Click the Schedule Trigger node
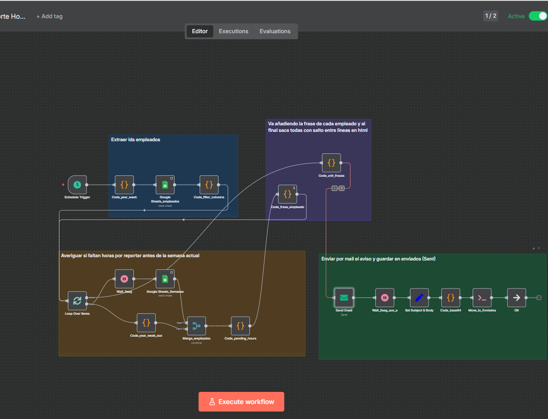click(x=77, y=185)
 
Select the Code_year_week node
click(x=124, y=185)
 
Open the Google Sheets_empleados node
click(x=165, y=185)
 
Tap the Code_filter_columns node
click(x=209, y=185)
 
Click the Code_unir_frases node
click(x=331, y=163)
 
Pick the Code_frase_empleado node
click(x=287, y=194)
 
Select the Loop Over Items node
click(x=77, y=301)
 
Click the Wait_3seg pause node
click(x=124, y=279)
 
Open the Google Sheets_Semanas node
click(x=165, y=279)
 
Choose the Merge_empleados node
click(x=196, y=326)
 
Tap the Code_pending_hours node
click(x=240, y=326)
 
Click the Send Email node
click(x=344, y=297)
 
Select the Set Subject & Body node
click(x=419, y=297)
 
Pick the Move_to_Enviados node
click(x=482, y=297)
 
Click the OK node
click(x=516, y=297)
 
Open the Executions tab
click(x=234, y=31)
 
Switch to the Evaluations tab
click(x=275, y=31)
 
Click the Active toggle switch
click(x=537, y=16)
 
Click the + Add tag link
click(x=50, y=16)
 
